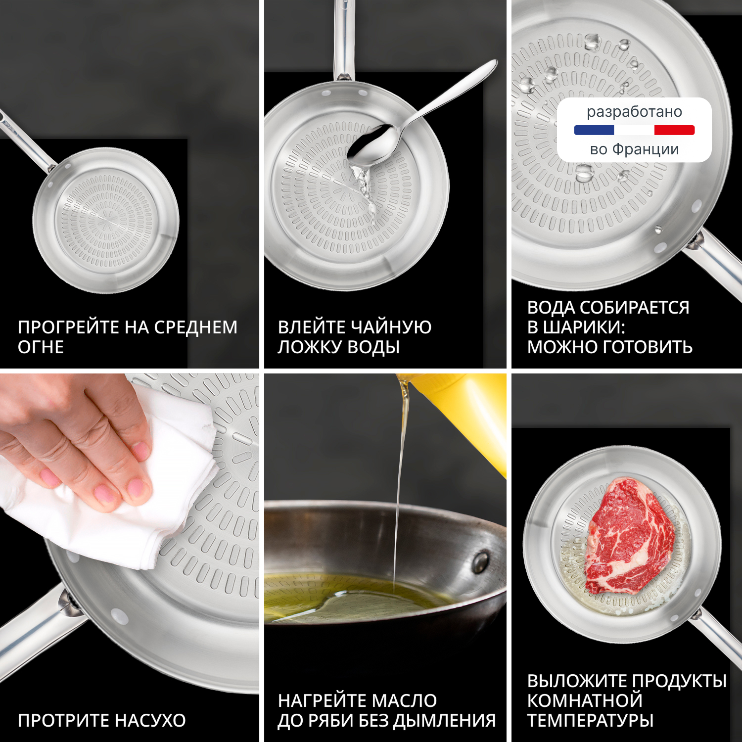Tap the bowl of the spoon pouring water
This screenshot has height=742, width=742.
(x=373, y=144)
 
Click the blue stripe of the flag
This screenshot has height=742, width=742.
(x=594, y=130)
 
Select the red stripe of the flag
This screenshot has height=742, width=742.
(x=674, y=130)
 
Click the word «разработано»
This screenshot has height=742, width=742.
(x=634, y=112)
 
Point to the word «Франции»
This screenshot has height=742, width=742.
(x=646, y=149)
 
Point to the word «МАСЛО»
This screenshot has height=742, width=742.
(x=404, y=701)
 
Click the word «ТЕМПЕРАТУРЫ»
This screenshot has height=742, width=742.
(x=591, y=720)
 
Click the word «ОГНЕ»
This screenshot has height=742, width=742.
(x=41, y=347)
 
